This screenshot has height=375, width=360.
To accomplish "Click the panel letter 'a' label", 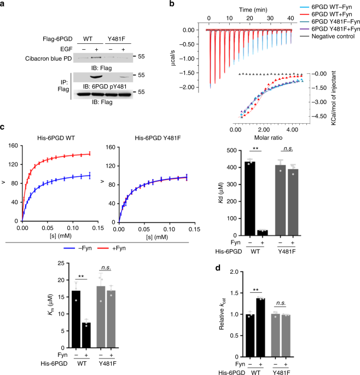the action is (2, 4).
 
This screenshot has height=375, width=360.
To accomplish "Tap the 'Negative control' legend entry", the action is (333, 36).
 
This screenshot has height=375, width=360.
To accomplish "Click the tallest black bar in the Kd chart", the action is (250, 199).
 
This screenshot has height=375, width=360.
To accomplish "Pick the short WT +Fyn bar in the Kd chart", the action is (262, 233).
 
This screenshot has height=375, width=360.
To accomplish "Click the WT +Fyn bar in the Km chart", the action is (86, 335).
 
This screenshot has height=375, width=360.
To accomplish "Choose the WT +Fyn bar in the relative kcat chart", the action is (260, 327).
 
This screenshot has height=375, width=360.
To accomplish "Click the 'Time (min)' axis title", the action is (253, 10).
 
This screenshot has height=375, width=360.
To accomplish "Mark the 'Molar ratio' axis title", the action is (268, 137).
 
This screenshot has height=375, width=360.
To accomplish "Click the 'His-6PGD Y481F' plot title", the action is (158, 138).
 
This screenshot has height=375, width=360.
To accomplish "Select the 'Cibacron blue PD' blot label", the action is (49, 59).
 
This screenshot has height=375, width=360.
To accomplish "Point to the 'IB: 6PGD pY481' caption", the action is (104, 86).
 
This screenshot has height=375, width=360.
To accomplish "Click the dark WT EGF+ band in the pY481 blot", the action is (97, 77).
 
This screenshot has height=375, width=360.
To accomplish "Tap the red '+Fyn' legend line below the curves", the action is (103, 248).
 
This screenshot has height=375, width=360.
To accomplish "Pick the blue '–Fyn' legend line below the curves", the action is (69, 248).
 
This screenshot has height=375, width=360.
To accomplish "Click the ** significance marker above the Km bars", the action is (81, 276).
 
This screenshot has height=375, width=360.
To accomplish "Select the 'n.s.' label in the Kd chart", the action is (288, 148).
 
